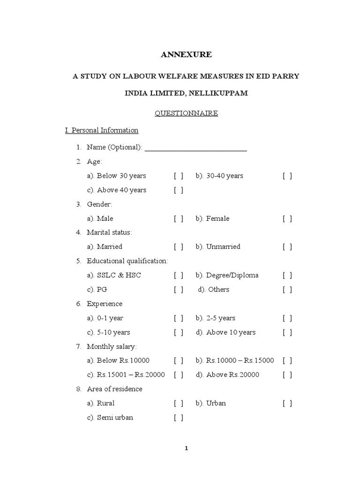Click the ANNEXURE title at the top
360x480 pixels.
coord(186,55)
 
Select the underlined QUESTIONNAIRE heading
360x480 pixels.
coord(186,113)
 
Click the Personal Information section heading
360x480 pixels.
coord(101,130)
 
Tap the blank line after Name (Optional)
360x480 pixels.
coord(196,148)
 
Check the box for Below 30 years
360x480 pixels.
coord(179,176)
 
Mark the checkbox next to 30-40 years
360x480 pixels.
coord(287,176)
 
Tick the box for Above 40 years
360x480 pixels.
coord(179,190)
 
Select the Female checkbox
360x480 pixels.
coord(287,219)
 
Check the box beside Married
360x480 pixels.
coord(179,247)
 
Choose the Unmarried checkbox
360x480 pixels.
coord(287,247)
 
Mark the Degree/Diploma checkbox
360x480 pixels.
coord(287,276)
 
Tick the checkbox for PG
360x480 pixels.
coord(179,290)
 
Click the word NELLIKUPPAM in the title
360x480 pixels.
coord(218,93)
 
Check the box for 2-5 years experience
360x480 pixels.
coord(287,318)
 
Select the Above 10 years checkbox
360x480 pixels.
coord(287,332)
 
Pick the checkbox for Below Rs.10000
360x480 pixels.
coord(179,361)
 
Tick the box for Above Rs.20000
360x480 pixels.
coord(287,375)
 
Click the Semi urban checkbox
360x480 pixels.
coord(179,418)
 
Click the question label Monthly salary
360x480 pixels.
coord(112,347)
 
